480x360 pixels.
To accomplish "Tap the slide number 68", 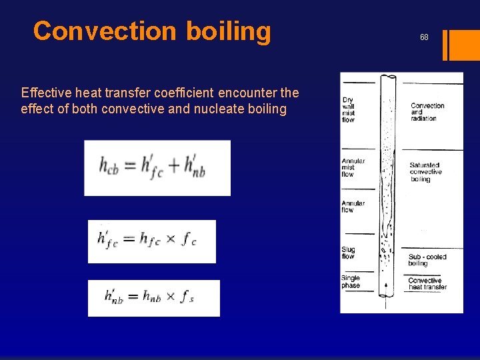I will pyautogui.click(x=424, y=37).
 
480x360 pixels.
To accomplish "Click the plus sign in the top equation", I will pyautogui.click(x=173, y=165).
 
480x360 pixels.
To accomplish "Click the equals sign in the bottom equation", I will pyautogui.click(x=132, y=296).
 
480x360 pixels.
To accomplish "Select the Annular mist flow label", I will pyautogui.click(x=353, y=167).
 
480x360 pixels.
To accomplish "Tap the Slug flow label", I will pyautogui.click(x=348, y=253).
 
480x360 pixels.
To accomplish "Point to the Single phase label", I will pyautogui.click(x=351, y=282).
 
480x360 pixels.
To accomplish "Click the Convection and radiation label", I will pyautogui.click(x=427, y=112).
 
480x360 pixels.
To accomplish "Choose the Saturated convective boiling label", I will pyautogui.click(x=425, y=172).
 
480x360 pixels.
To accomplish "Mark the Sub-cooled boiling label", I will pyautogui.click(x=427, y=260).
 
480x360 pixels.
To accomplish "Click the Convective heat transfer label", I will pyautogui.click(x=427, y=284).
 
